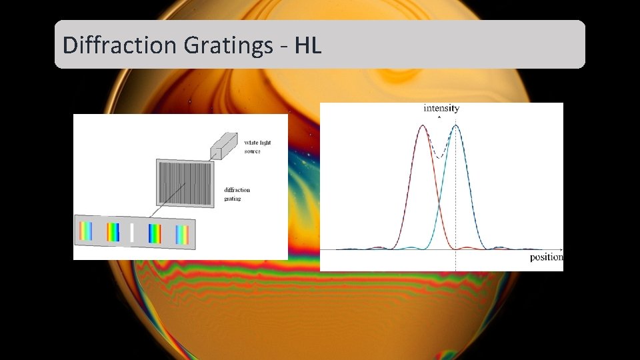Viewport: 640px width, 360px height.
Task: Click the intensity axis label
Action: coord(441,108)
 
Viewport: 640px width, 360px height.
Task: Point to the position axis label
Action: coord(546,257)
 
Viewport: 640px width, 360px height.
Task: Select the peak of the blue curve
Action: coord(455,126)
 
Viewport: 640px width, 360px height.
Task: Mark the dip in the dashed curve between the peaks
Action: coord(439,157)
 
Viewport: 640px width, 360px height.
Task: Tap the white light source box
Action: coord(224,146)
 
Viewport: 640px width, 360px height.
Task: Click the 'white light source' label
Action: coord(257,147)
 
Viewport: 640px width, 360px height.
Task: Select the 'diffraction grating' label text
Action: coord(237,194)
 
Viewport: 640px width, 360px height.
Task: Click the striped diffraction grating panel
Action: coord(185,183)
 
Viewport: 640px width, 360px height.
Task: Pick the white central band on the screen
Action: coord(132,233)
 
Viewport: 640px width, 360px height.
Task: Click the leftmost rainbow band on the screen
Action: coord(86,231)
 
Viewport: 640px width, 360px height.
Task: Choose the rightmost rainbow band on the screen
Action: coord(182,235)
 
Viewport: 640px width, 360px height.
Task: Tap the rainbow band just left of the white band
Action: coord(113,232)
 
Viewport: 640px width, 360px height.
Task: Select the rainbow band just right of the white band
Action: coord(155,233)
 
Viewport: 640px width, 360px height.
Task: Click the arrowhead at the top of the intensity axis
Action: coord(439,117)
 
